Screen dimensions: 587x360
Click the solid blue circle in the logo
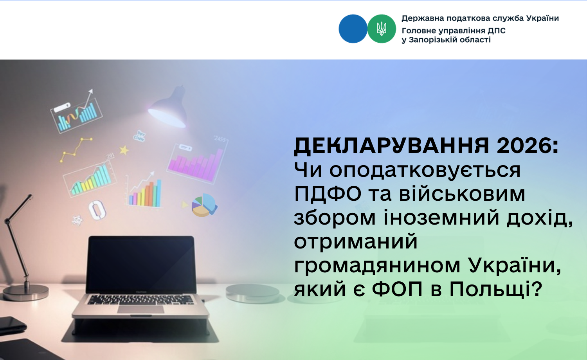(353, 29)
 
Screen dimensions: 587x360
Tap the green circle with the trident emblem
(382, 29)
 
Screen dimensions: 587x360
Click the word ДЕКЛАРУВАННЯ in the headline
(391, 146)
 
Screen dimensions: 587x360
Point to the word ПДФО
(328, 194)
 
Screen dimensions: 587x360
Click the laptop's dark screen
(141, 265)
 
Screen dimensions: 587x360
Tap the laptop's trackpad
(140, 309)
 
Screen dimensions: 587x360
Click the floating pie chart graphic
(204, 205)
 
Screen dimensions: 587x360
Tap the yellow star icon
(124, 150)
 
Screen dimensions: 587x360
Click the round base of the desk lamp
(26, 292)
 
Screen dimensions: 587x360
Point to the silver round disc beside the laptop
(252, 293)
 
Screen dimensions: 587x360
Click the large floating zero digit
(97, 210)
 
